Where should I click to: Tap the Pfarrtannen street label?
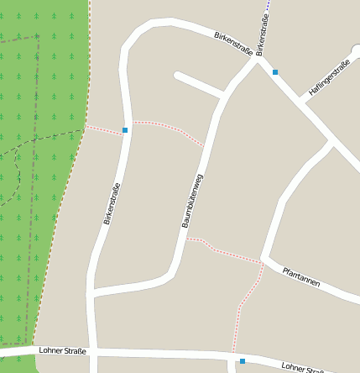(x=300, y=276)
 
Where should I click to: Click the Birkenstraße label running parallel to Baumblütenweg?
(x=112, y=203)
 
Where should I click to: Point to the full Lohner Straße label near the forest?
(x=62, y=350)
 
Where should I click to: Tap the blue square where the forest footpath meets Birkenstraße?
(x=125, y=130)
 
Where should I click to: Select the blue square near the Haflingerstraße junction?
(x=274, y=72)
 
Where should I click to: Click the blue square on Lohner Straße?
(x=242, y=361)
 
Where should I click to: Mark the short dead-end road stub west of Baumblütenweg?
(x=198, y=83)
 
